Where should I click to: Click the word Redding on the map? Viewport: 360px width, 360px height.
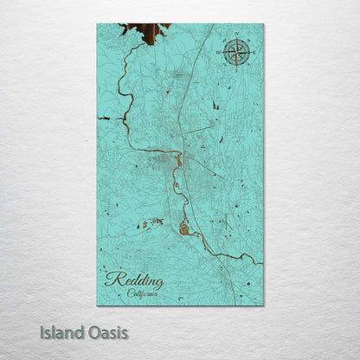click(134, 280)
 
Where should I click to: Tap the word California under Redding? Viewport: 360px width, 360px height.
click(143, 293)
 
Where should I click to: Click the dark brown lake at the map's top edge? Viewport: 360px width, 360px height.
click(149, 34)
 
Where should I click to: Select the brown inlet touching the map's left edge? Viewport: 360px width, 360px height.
click(104, 118)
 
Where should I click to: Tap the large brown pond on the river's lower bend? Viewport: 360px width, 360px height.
click(183, 228)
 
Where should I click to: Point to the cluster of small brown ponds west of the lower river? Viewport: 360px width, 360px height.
click(150, 222)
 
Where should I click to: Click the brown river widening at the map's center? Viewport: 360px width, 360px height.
click(178, 160)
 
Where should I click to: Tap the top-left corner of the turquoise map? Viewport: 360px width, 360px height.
click(98, 24)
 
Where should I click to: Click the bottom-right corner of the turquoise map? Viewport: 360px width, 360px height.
click(263, 305)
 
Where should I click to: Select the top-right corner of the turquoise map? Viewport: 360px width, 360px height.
click(263, 24)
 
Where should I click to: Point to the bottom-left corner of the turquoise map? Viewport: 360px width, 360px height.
click(98, 305)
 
